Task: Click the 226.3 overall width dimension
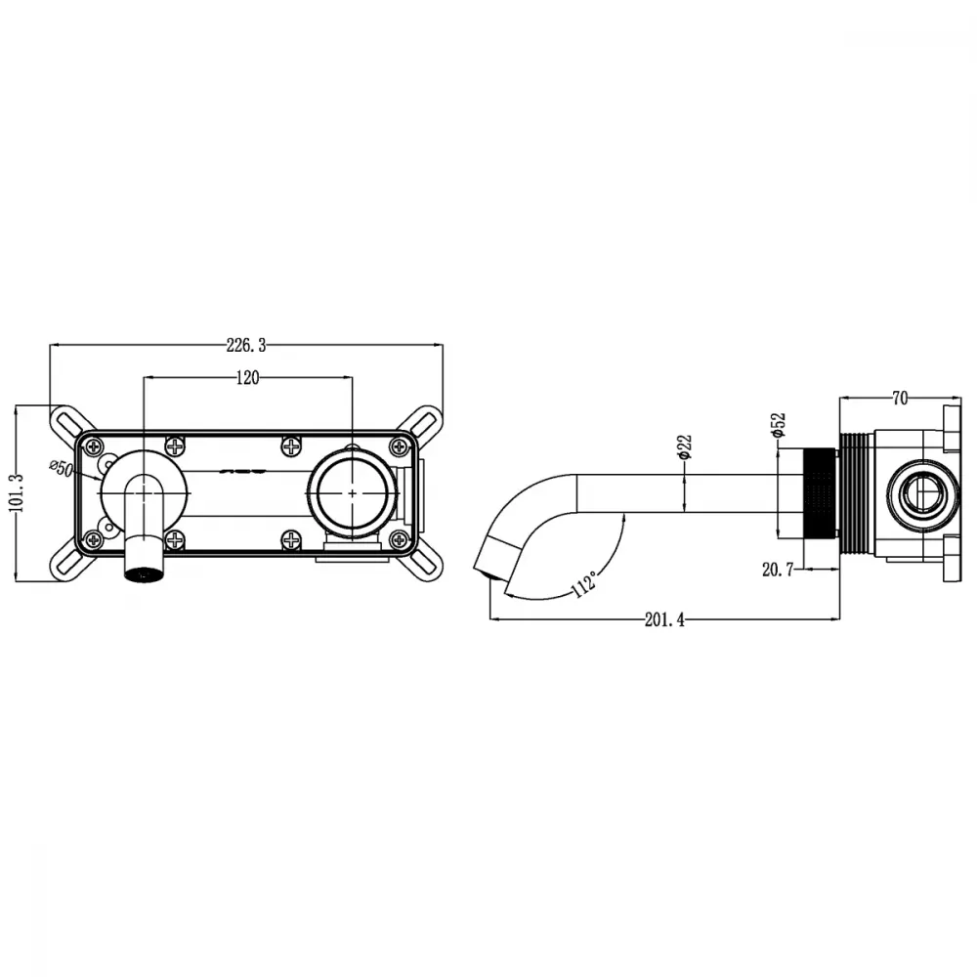tap(246, 345)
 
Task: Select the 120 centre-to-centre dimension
tap(247, 377)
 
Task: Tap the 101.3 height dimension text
tap(18, 492)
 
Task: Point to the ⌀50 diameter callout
tap(63, 467)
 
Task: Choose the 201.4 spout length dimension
tap(664, 620)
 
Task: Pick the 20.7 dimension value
tap(778, 569)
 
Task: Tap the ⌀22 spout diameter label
tap(684, 446)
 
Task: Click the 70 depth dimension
tap(900, 399)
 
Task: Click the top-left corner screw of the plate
tap(94, 446)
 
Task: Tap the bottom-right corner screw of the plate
tap(399, 539)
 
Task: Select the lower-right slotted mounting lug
tap(426, 565)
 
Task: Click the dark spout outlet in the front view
tap(145, 573)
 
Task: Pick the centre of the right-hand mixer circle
tap(352, 492)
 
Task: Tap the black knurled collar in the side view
tap(820, 492)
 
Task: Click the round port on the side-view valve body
tap(923, 492)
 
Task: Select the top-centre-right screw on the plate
tap(291, 446)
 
